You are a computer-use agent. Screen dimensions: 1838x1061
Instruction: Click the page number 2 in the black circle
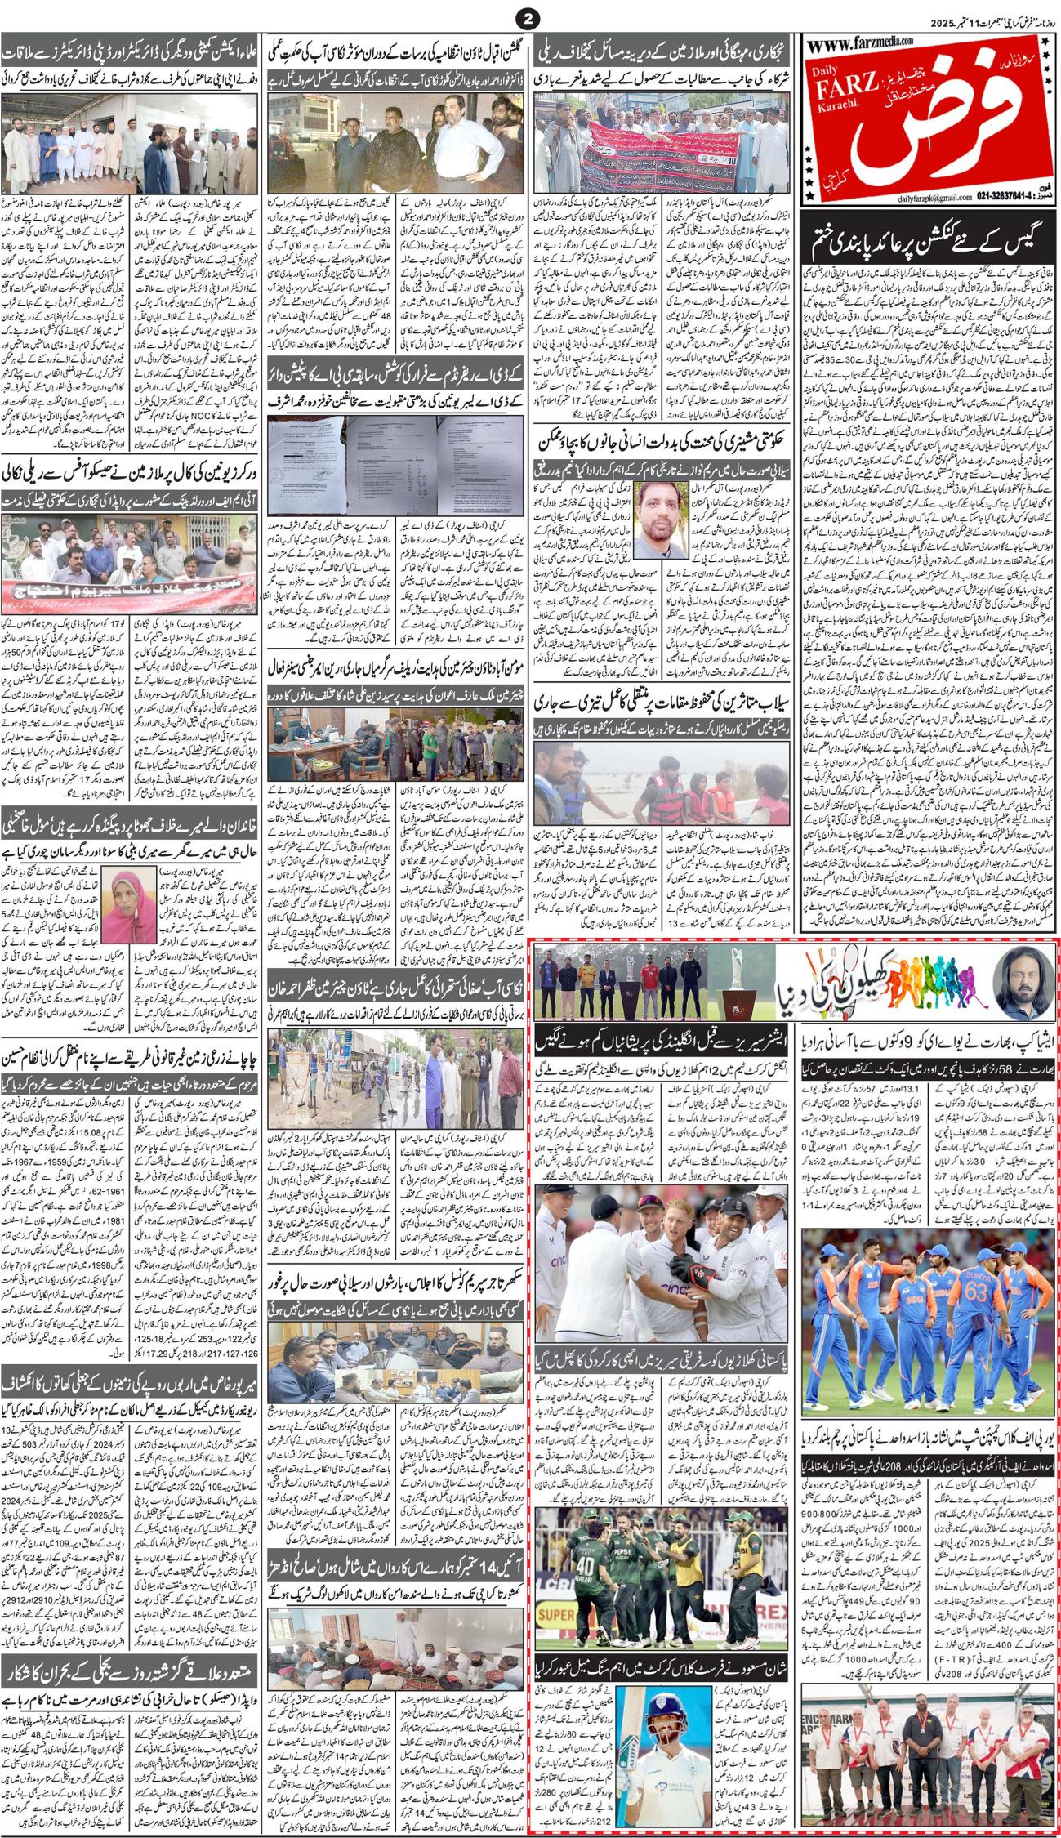pos(529,16)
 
